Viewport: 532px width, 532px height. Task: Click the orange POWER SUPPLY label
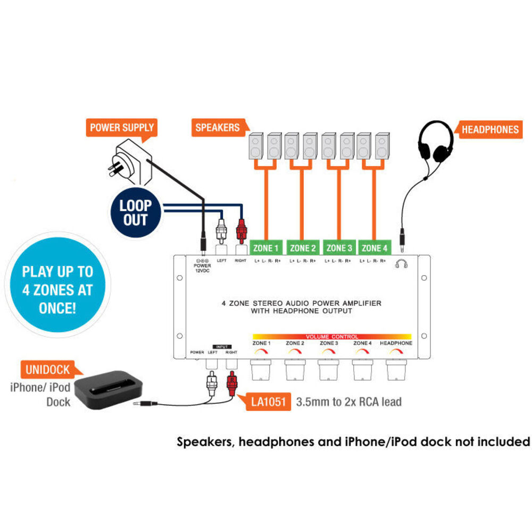122,128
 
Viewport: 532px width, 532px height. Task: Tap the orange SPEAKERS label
218,128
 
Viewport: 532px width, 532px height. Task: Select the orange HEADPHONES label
489,129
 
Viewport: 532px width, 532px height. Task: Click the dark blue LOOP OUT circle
135,212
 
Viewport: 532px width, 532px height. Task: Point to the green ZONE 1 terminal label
266,247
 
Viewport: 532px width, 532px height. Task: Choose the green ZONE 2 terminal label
303,247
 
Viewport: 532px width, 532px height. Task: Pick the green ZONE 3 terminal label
339,247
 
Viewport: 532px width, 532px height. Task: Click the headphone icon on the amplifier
402,263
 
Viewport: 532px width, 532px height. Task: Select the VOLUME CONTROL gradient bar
331,337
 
